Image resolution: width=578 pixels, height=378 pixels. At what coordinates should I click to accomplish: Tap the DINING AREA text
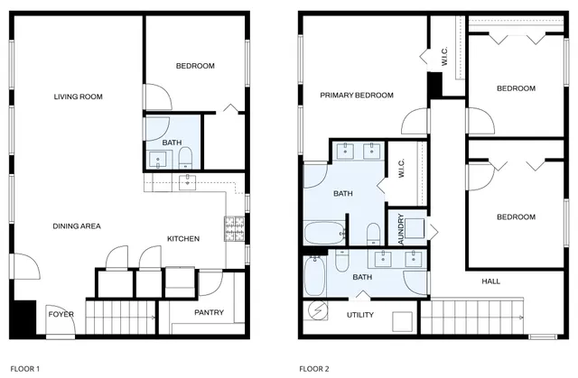(x=76, y=226)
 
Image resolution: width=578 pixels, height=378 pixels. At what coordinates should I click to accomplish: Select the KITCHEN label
(x=182, y=238)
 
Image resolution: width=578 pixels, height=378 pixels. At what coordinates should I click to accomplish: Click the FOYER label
(x=61, y=314)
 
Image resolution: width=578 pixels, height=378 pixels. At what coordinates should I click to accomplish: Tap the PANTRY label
(x=209, y=313)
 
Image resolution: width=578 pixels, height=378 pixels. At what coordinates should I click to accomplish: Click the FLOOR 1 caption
(x=25, y=368)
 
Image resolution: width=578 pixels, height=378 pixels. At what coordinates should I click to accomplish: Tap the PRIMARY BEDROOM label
(x=357, y=95)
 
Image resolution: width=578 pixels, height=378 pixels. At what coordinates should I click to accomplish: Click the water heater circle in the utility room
(x=318, y=309)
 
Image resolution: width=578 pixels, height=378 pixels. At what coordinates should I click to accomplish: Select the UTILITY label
(x=359, y=315)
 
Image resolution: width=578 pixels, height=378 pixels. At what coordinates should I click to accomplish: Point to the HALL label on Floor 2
(x=490, y=281)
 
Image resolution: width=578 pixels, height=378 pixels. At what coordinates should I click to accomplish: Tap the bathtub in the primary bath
(x=323, y=234)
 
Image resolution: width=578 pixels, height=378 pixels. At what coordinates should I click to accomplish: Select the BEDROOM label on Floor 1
(x=194, y=66)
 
